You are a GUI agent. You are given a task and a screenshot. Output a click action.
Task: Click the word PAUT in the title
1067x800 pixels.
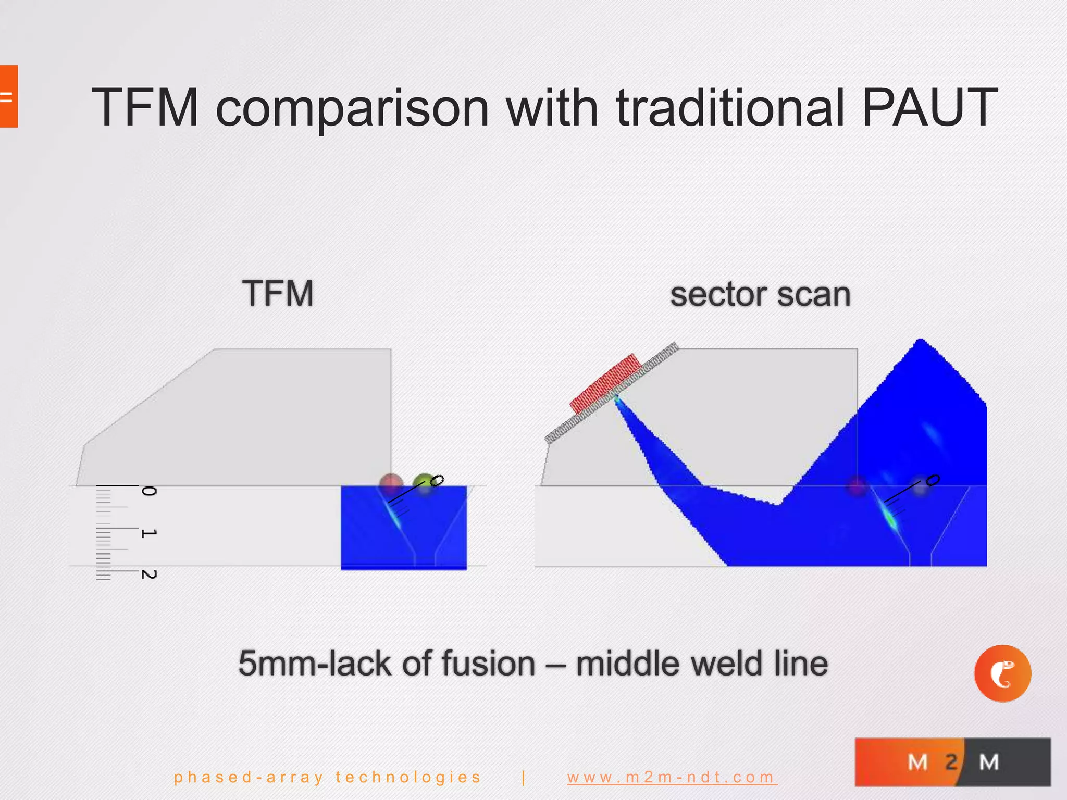pos(929,107)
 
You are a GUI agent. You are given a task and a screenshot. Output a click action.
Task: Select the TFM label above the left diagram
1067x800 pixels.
pos(278,293)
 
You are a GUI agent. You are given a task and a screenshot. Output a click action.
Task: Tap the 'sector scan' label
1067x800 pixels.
pos(760,295)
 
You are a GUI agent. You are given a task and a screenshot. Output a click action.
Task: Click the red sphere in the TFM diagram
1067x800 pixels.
pos(391,482)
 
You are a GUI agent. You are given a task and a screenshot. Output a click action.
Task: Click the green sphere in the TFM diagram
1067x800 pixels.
pos(425,483)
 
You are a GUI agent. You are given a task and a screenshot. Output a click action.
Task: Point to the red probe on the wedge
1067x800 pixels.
pos(605,382)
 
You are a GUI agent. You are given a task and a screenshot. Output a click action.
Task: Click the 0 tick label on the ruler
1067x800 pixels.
pos(149,491)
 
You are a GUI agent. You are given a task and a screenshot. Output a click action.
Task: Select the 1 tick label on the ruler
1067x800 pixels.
pos(149,533)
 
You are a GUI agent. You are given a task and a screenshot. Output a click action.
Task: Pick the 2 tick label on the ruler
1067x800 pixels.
pos(149,574)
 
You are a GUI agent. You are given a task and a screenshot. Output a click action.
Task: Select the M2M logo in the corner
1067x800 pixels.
pos(952,761)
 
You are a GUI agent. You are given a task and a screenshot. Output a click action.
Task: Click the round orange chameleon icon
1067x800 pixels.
pos(1002,673)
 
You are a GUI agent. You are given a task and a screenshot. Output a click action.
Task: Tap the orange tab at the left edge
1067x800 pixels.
pos(8,96)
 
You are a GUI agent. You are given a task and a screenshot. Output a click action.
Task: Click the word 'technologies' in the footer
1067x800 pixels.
pos(408,777)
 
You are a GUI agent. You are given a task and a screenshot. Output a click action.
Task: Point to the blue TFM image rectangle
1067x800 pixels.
pos(403,527)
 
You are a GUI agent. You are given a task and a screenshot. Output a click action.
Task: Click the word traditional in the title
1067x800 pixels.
pos(730,107)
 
